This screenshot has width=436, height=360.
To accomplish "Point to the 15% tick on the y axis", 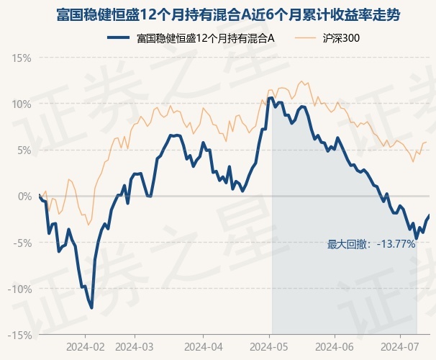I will point(22,58).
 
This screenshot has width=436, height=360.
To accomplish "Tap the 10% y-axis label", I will point(22,104).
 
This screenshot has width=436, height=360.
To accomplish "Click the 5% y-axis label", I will point(24,150).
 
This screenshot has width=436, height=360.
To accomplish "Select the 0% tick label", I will point(24,196).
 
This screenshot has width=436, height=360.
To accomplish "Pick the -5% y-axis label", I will point(22,243).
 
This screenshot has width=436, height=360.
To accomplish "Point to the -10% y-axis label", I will point(20,289).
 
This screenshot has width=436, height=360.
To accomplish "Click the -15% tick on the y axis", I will point(20,335).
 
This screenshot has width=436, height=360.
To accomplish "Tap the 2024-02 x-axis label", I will point(85,347).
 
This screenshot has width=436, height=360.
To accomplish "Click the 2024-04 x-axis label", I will point(202,347).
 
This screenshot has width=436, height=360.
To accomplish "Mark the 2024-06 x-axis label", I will point(335,347).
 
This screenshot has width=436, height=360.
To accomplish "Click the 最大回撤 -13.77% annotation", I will point(371,244).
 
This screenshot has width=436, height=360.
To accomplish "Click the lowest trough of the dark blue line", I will point(91,307).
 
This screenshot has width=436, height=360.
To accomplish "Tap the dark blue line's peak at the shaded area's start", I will point(271,98).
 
